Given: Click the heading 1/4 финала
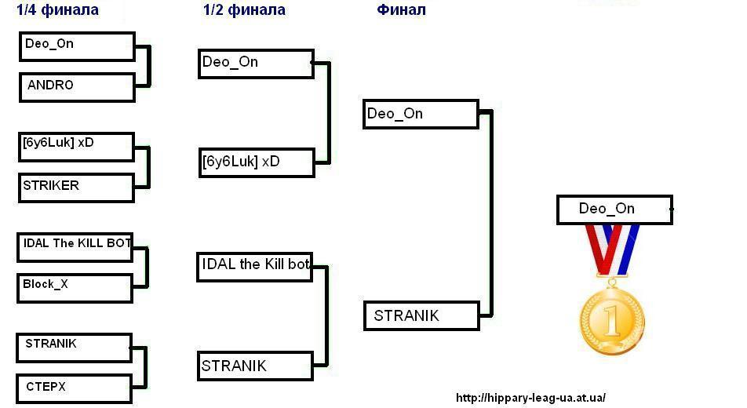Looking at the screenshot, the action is click(x=57, y=10).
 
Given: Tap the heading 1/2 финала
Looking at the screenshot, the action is click(x=244, y=10).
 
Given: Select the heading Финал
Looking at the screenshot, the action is click(x=402, y=10).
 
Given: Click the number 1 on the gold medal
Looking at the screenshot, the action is click(x=611, y=320).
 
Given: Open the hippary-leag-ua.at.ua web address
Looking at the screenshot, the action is click(x=530, y=398).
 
